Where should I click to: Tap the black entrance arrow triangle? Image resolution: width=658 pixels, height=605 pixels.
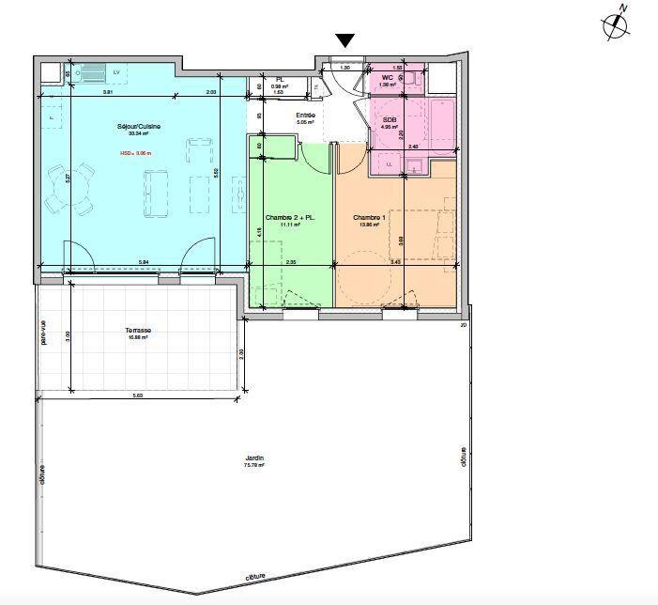click(345, 39)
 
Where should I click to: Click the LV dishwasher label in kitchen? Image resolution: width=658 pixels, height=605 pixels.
click(117, 71)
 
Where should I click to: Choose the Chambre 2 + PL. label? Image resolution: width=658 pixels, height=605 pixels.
click(289, 218)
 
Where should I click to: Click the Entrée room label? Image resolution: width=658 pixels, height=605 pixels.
click(306, 116)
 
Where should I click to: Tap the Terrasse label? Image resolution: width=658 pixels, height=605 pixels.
click(138, 331)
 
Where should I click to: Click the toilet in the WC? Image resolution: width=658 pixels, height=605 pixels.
click(411, 79)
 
